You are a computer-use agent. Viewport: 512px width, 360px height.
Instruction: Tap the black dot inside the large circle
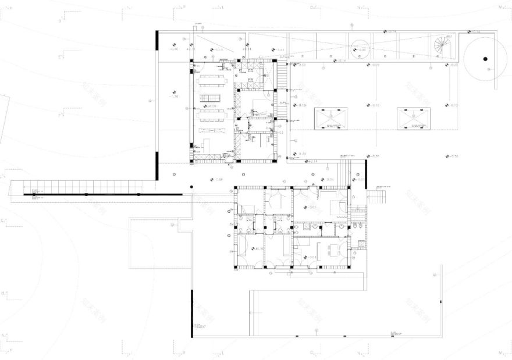484,58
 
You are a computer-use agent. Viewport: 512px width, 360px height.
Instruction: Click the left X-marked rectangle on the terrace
330,118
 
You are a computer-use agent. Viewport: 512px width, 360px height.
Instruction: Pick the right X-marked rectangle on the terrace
414,118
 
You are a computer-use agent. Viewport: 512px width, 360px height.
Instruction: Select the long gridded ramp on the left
81,187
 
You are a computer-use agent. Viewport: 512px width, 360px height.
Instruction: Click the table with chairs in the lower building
334,250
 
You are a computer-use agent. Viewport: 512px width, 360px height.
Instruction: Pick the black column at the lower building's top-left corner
236,188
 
